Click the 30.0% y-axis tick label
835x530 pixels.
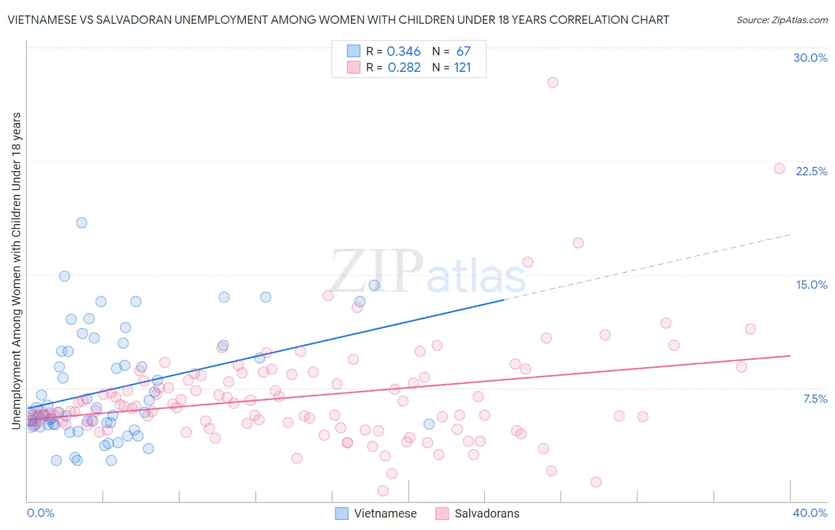click(x=810, y=58)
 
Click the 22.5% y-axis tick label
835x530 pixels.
click(x=811, y=171)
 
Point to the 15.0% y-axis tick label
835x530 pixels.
click(x=811, y=285)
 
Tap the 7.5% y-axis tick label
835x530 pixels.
click(x=815, y=399)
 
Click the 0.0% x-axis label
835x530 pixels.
click(x=40, y=513)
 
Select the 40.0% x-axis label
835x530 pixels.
click(x=809, y=513)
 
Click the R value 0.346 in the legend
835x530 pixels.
click(x=404, y=52)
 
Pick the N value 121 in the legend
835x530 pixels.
click(x=463, y=68)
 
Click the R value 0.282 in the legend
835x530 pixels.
click(x=404, y=68)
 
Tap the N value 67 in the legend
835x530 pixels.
click(x=463, y=52)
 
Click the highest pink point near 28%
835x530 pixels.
click(x=553, y=83)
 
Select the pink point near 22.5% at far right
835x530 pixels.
click(x=779, y=169)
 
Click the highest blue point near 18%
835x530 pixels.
click(x=81, y=223)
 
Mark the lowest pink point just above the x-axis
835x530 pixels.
click(x=383, y=491)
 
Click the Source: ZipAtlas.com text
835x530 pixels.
click(x=782, y=20)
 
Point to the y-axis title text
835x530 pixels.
click(x=17, y=270)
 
